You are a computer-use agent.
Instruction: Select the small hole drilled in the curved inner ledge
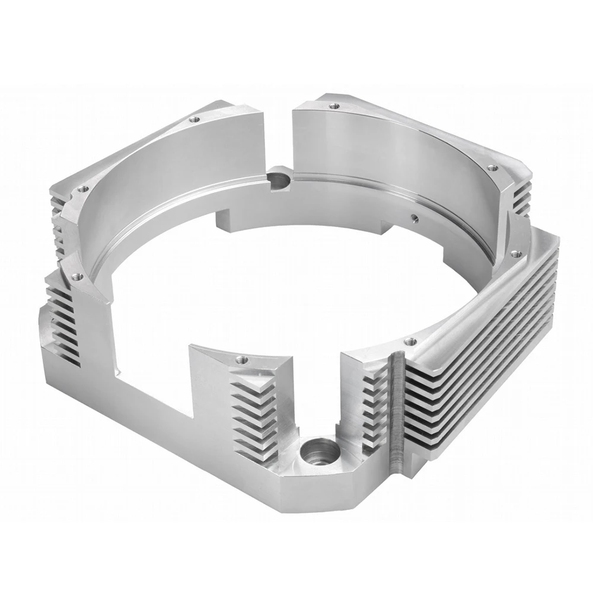pyautogui.click(x=414, y=217)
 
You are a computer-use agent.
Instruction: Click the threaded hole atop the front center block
pyautogui.click(x=240, y=359)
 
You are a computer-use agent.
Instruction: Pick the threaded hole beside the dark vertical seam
pyautogui.click(x=409, y=342)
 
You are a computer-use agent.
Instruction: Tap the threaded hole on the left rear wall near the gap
pyautogui.click(x=193, y=120)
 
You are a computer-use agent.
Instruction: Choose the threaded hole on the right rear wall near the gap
pyautogui.click(x=334, y=107)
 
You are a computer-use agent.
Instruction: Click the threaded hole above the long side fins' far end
pyautogui.click(x=516, y=254)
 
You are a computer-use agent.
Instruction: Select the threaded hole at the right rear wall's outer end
pyautogui.click(x=490, y=168)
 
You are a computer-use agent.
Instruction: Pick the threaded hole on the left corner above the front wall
pyautogui.click(x=75, y=276)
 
